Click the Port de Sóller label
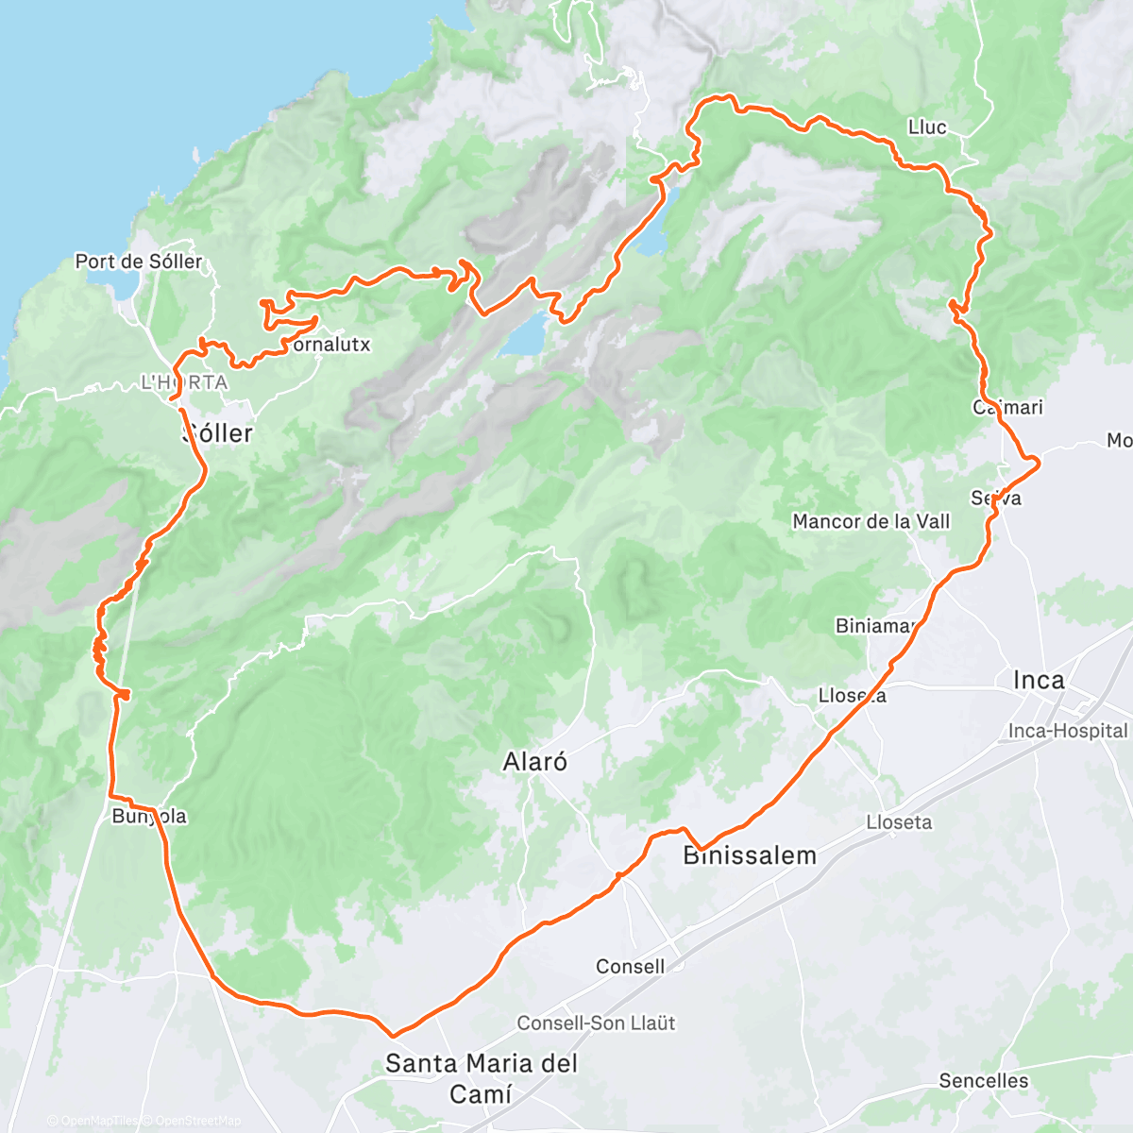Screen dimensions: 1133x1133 (139, 262)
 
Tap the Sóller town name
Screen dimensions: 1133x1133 (217, 433)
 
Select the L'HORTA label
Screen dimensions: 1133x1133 (184, 382)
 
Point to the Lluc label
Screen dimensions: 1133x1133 (927, 127)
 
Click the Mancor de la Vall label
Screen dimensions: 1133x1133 (871, 521)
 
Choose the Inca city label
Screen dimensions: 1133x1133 (1039, 680)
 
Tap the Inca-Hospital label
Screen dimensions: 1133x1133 (1068, 731)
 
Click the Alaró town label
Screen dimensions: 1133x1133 (535, 762)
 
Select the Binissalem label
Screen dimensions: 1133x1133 (750, 856)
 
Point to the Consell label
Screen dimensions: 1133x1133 (630, 966)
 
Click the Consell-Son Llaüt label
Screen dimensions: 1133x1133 (596, 1023)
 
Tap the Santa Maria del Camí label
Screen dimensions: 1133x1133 (482, 1078)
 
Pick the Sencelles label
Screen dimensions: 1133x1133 (984, 1080)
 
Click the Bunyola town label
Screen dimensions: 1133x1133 (149, 816)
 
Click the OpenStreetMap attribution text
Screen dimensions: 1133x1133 (198, 1121)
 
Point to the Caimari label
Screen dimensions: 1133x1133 (1008, 407)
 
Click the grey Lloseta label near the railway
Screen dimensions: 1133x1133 (899, 822)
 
